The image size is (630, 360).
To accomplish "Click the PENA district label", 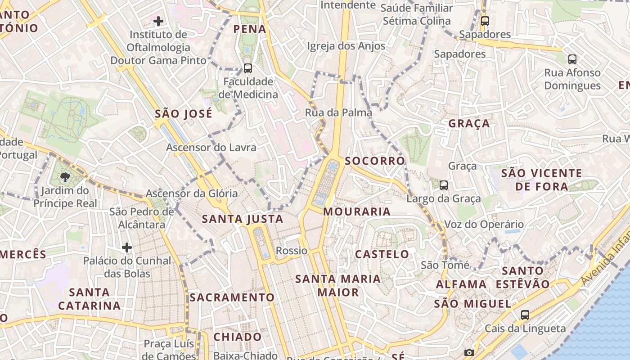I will click(x=250, y=29).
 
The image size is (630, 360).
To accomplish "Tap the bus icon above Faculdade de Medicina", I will click(x=247, y=68).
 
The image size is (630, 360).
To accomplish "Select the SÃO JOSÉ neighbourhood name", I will click(x=183, y=114).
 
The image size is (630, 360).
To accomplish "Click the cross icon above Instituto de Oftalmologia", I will click(x=158, y=21).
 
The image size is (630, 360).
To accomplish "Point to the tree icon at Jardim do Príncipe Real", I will click(x=65, y=177).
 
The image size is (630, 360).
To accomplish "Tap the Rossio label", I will click(x=292, y=251).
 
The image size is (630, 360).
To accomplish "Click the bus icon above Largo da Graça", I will click(x=444, y=185).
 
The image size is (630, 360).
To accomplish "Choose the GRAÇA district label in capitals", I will click(x=469, y=124).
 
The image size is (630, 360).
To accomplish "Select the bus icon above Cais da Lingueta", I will click(x=525, y=315).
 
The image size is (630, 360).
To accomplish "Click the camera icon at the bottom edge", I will click(x=469, y=353).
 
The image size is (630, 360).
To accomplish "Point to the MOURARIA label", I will click(x=357, y=211).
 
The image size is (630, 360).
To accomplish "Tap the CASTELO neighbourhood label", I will click(x=382, y=254).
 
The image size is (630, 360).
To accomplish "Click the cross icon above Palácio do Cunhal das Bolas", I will click(x=127, y=247).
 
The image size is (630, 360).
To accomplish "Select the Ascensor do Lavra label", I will click(x=211, y=147).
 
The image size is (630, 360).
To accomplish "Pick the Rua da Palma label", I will click(x=338, y=112).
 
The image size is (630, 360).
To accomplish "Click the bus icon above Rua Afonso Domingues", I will click(x=572, y=59).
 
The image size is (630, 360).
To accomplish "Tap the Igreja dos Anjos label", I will click(x=346, y=46).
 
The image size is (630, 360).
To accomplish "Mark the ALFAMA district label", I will click(x=461, y=284).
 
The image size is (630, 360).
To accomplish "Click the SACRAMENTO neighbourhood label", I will click(x=232, y=297).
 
